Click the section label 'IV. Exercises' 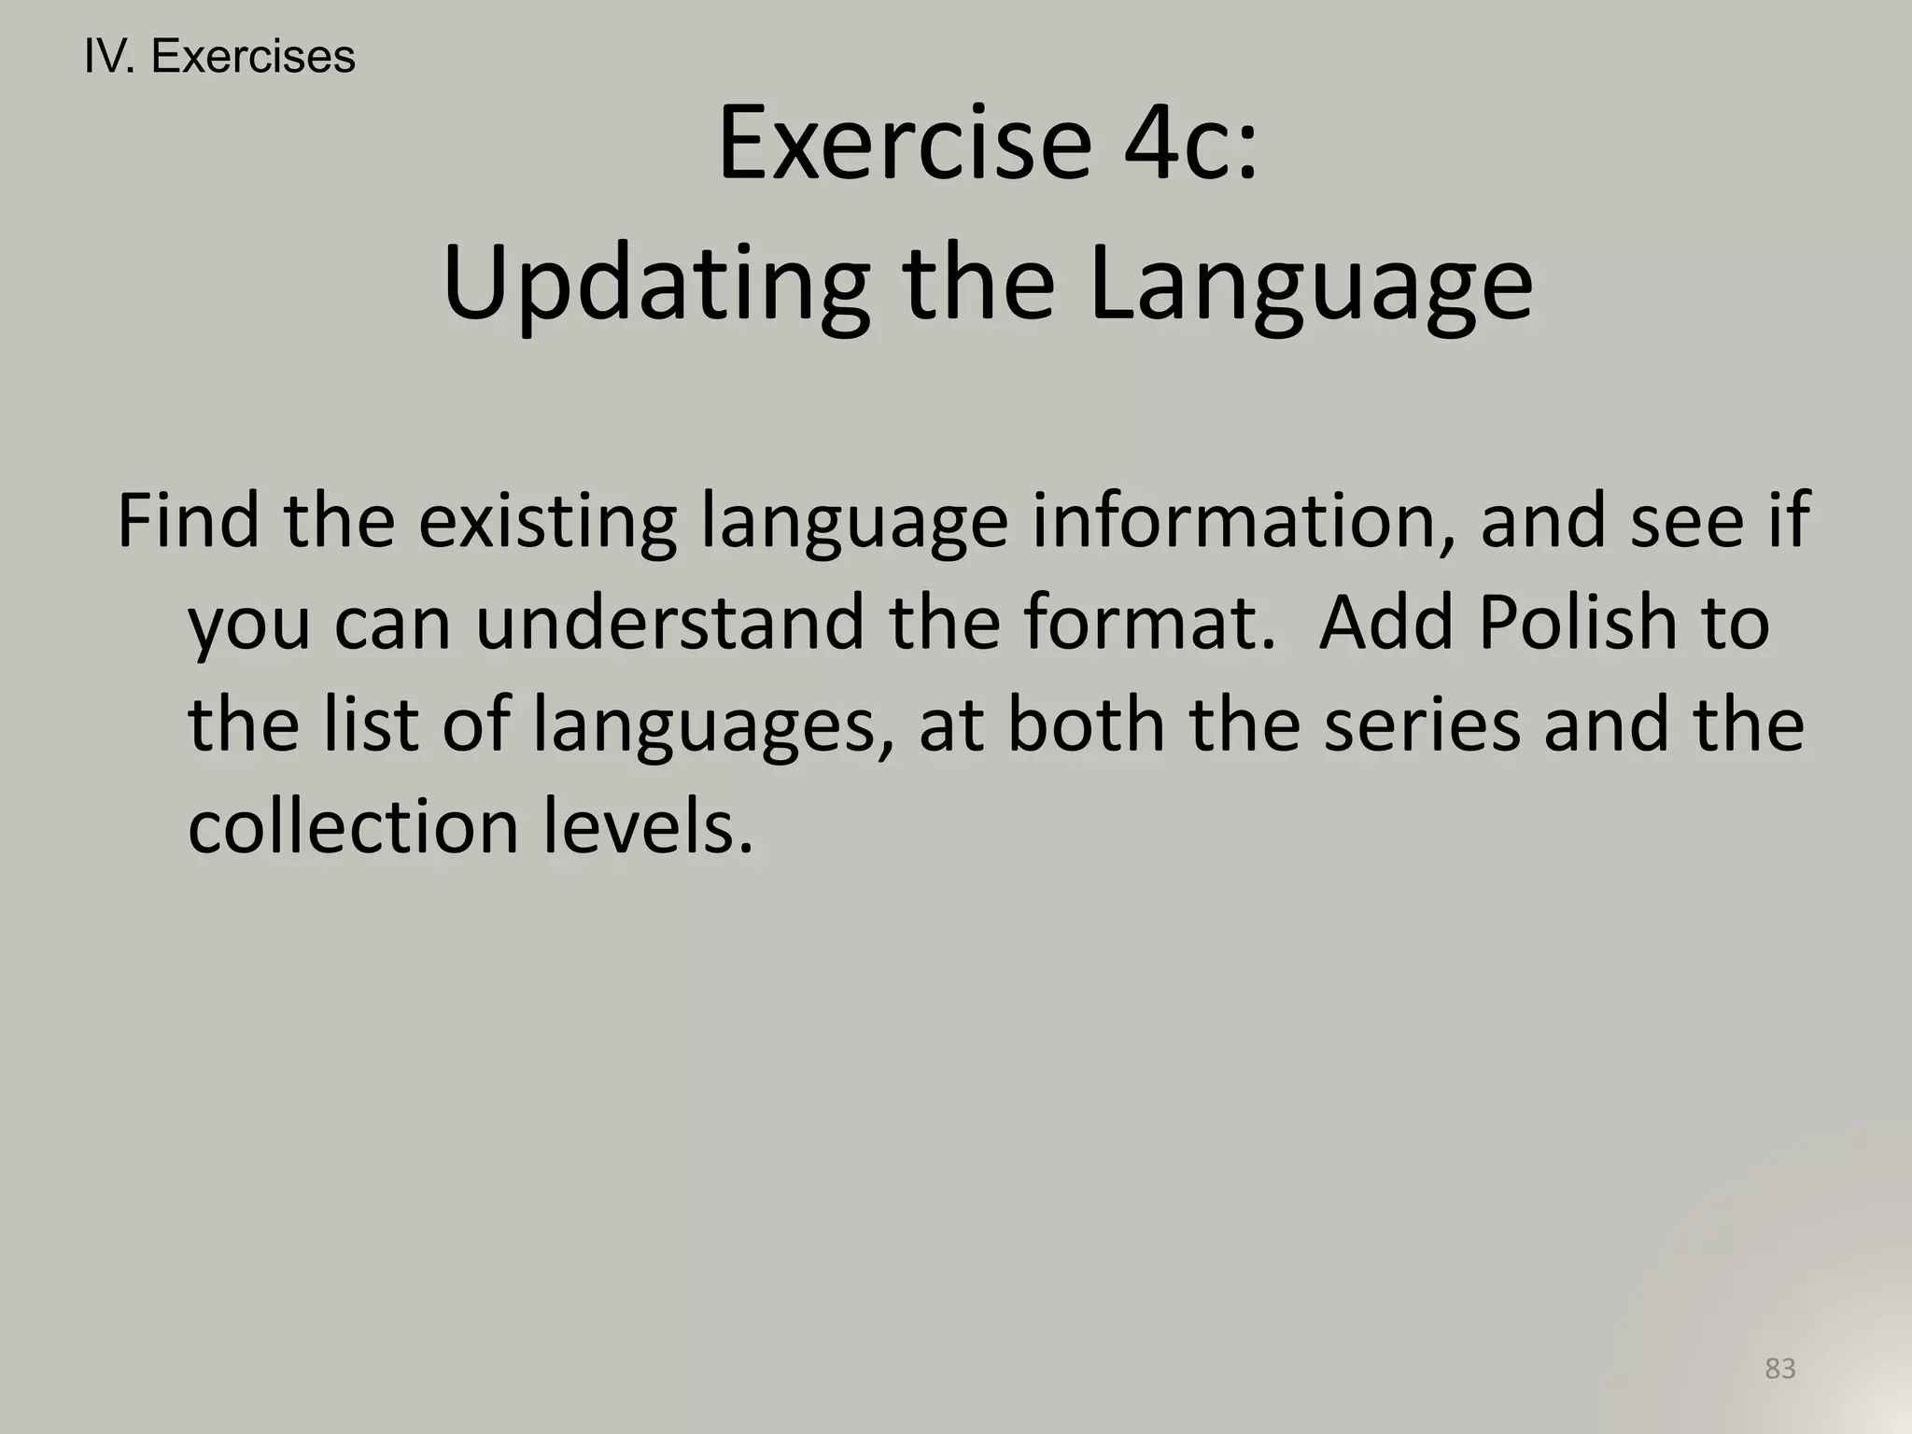[x=219, y=57]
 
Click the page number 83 [x=1780, y=1369]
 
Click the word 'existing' [x=547, y=520]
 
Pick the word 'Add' [x=1385, y=623]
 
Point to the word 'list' [x=370, y=725]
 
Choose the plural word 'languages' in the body [x=713, y=725]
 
